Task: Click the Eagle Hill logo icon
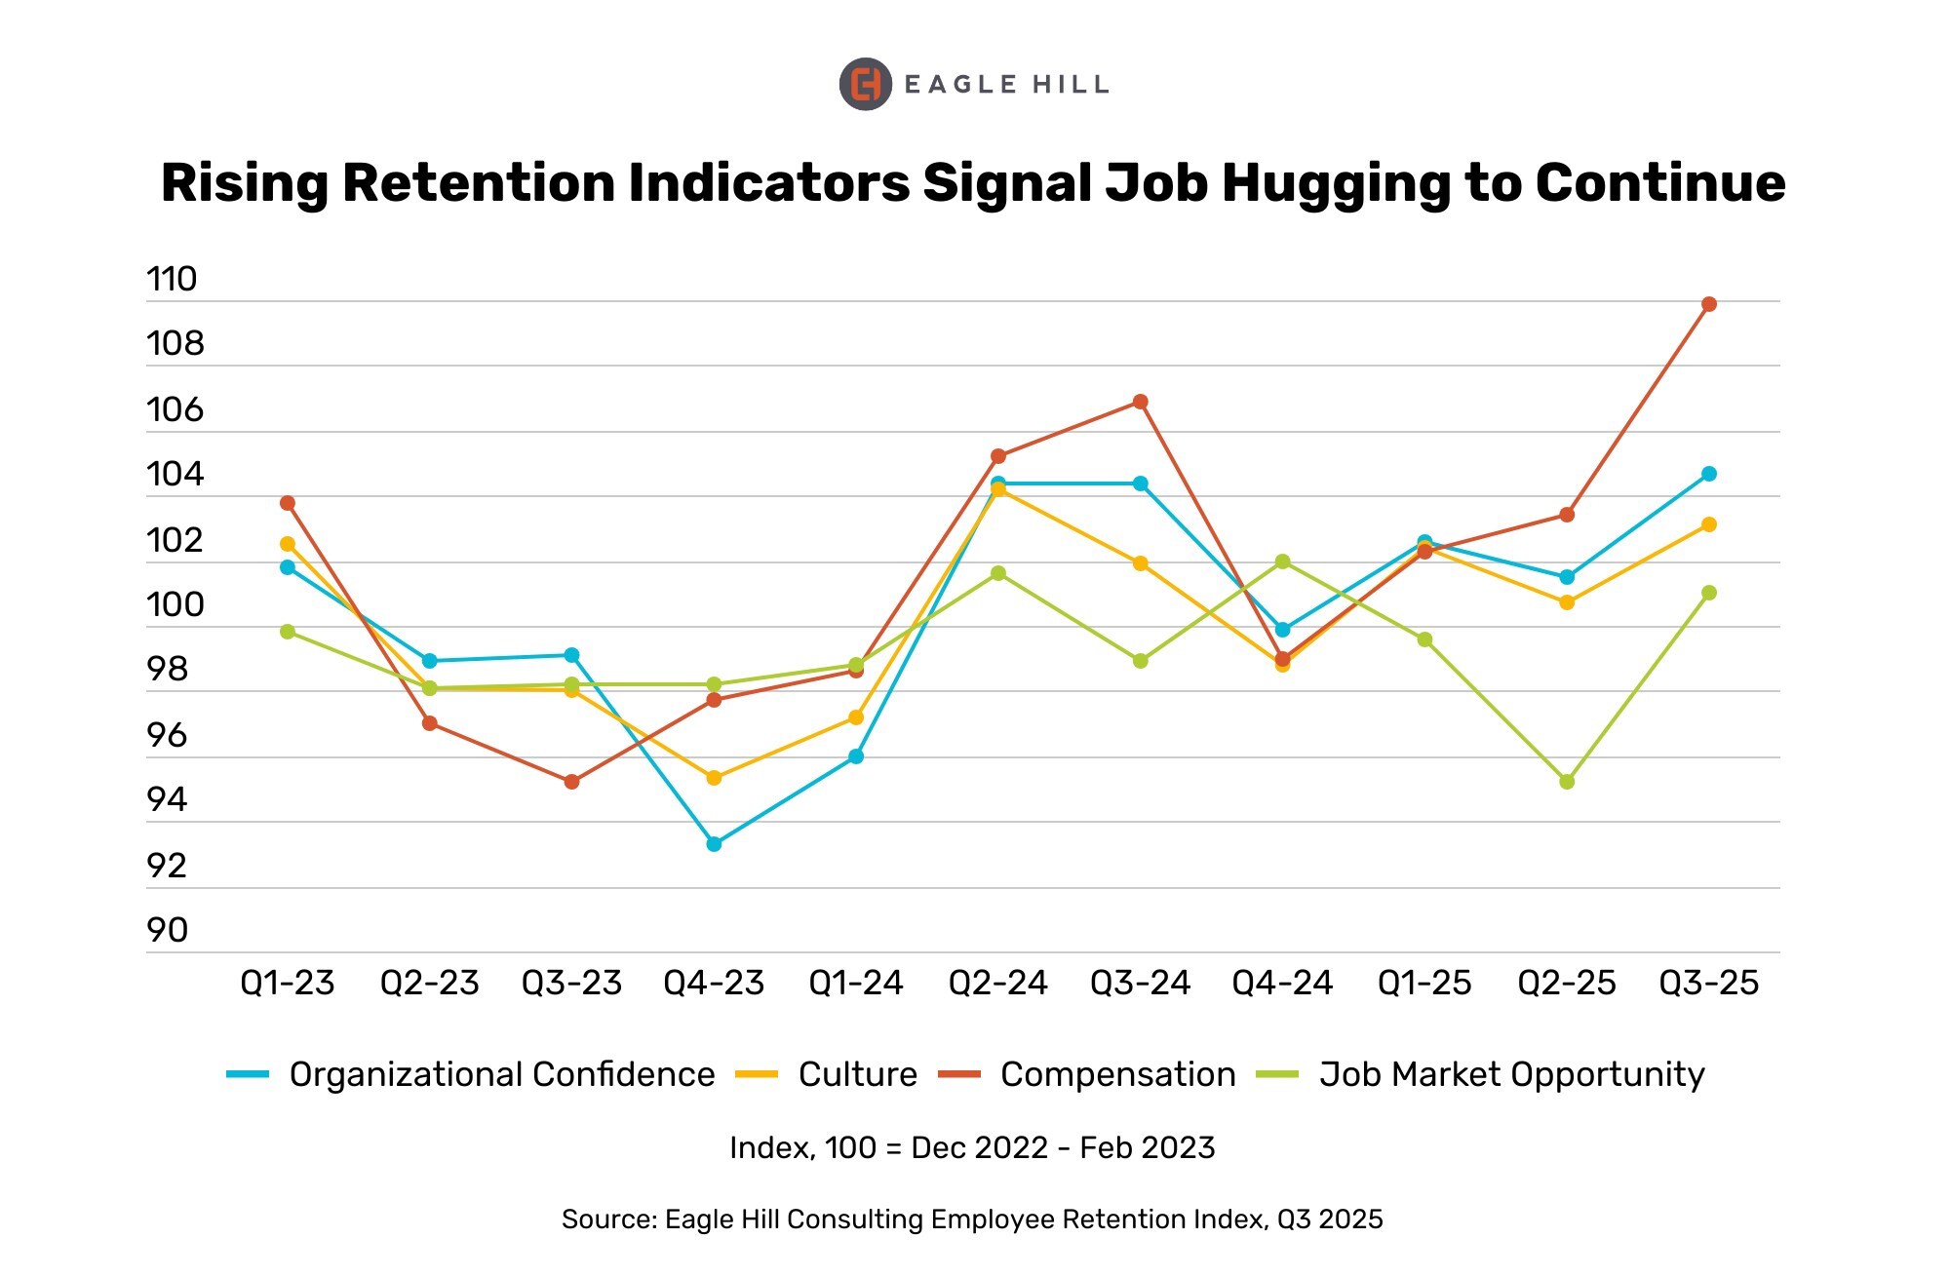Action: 865,85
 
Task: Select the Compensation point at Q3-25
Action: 1708,304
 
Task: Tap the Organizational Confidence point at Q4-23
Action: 714,844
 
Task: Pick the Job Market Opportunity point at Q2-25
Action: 1567,782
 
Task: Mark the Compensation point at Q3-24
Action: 1140,402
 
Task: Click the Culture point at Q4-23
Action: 714,778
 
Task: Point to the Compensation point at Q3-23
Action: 571,782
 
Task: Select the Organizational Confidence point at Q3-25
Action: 1708,474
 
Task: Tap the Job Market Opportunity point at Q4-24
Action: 1282,561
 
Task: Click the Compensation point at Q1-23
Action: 288,503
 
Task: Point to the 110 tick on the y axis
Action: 172,280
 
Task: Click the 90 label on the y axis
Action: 167,931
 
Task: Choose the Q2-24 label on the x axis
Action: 997,983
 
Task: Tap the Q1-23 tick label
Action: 288,983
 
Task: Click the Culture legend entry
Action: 857,1074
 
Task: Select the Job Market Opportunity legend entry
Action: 1511,1074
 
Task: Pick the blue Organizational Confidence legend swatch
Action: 248,1074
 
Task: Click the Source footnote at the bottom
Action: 972,1219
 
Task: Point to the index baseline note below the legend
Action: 972,1148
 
